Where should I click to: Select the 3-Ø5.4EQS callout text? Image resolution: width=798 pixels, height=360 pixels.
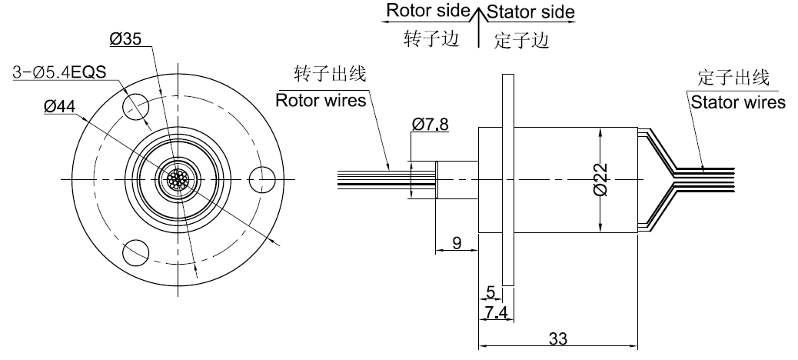59,73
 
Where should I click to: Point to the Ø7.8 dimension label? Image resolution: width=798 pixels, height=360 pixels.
431,124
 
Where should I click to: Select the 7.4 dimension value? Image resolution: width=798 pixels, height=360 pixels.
496,312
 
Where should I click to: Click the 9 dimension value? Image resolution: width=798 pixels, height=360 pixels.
457,244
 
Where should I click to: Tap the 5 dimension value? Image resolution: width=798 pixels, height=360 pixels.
490,292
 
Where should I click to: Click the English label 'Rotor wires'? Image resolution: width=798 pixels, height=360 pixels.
321,101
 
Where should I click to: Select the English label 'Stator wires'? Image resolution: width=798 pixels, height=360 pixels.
737,102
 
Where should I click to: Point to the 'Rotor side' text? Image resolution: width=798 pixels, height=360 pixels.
427,12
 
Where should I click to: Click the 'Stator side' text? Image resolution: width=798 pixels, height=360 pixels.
531,12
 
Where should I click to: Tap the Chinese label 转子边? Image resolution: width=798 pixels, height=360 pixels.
431,39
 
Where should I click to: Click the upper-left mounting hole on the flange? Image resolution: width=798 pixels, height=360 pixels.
135,102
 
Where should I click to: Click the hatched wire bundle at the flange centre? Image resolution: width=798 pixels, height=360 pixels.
178,179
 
